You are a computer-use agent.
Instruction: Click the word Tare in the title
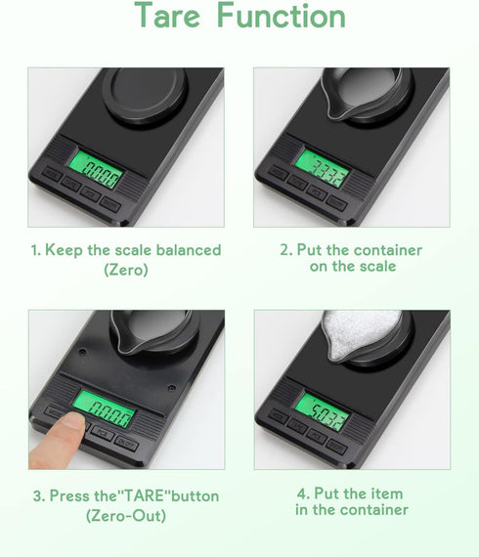click(169, 17)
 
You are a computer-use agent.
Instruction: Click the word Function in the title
click(281, 17)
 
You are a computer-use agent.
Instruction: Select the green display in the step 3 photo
click(106, 411)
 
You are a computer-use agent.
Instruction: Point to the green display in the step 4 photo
click(324, 414)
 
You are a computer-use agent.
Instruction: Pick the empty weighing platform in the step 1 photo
click(145, 93)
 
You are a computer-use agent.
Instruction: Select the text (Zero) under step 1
click(126, 269)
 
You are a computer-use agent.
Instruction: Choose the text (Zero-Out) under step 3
click(126, 515)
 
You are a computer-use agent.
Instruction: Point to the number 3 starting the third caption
click(36, 496)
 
